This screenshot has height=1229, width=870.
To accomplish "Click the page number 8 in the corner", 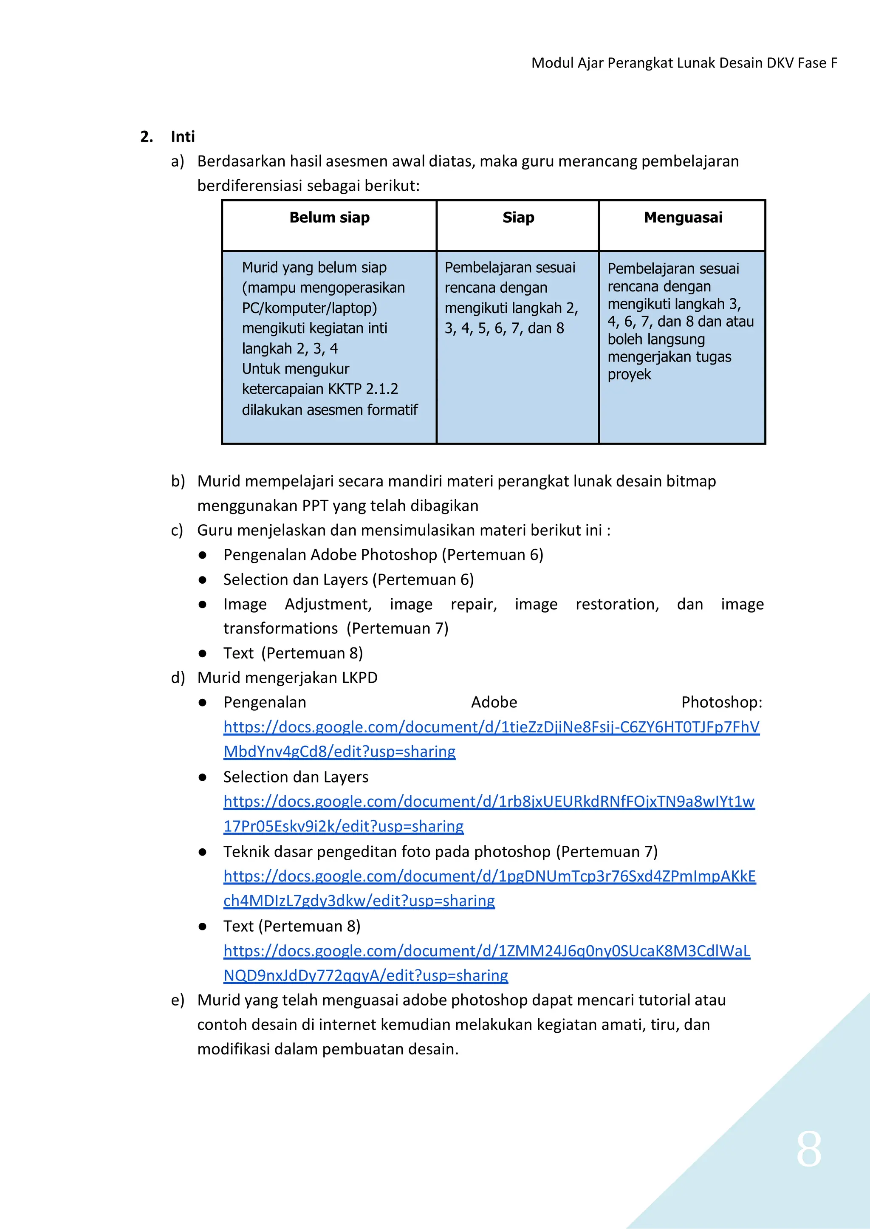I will pos(808,1149).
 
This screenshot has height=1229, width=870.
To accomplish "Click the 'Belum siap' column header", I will pos(330,218).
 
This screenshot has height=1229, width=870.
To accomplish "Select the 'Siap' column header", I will pos(518,218).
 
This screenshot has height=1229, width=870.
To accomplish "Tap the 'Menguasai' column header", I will pos(683,218).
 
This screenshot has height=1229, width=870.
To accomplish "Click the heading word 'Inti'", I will pos(183,137).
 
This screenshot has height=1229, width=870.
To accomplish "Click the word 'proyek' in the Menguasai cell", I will pos(629,375).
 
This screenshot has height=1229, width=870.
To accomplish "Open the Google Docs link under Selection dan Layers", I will pos(489,802).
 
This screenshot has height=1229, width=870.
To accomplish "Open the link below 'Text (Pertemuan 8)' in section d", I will pos(486,951).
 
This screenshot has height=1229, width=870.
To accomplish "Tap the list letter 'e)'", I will pos(177,1000).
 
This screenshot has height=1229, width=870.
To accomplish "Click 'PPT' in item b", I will pos(315,506).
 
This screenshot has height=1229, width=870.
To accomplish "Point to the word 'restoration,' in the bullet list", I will pos(617,605).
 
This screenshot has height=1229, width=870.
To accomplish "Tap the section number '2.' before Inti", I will pos(146,137).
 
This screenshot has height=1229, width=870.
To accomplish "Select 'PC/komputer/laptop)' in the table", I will pos(309,308).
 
